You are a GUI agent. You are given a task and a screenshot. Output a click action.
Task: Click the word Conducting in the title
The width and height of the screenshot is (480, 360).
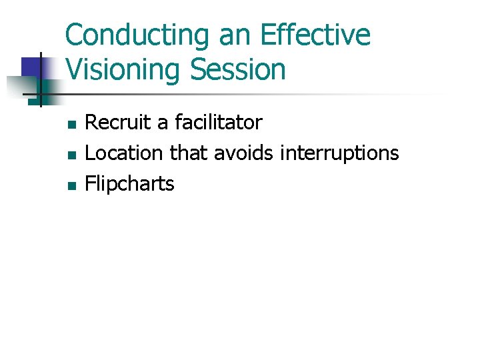136,36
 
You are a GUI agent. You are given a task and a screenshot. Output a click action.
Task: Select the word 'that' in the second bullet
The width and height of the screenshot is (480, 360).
189,153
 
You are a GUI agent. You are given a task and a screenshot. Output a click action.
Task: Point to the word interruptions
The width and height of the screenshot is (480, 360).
339,153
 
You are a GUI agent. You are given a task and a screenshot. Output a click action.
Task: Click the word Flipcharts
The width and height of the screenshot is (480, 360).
130,184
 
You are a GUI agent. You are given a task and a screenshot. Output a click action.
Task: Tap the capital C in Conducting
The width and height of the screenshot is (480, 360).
74,36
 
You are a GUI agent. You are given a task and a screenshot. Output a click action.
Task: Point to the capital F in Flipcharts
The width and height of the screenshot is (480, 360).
91,183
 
